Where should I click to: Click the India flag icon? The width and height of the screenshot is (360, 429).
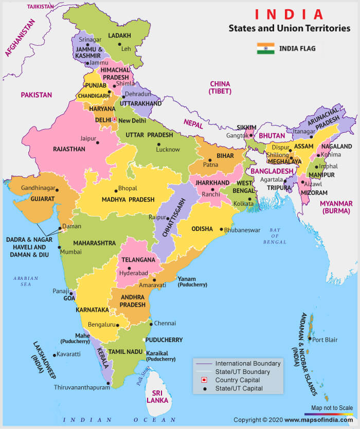(x=265, y=49)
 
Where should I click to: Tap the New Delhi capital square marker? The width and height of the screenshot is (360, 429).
(x=115, y=119)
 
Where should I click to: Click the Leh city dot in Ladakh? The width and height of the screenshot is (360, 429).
(x=119, y=44)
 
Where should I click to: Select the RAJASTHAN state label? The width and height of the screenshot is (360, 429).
(x=69, y=149)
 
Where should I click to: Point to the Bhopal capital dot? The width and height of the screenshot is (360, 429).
(x=115, y=189)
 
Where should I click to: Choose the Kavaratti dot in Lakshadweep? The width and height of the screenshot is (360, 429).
(x=54, y=354)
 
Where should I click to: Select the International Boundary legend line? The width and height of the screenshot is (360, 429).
(x=204, y=364)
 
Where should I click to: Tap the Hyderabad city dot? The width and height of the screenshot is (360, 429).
(x=129, y=268)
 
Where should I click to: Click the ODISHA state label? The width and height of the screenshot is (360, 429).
(x=202, y=229)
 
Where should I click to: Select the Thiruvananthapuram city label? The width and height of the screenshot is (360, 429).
(x=82, y=388)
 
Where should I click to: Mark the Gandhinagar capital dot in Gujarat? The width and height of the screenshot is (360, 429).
(x=57, y=190)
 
